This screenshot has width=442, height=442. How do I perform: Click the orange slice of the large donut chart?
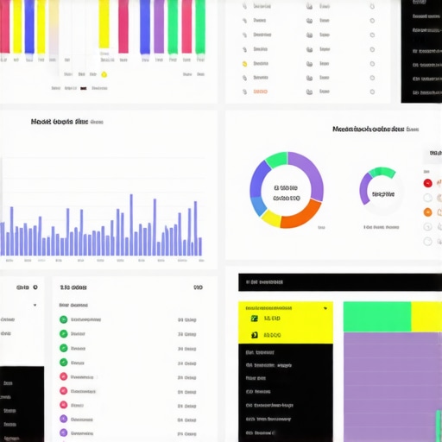302,215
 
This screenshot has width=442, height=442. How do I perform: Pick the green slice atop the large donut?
276,160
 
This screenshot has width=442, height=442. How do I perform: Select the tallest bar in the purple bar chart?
130,224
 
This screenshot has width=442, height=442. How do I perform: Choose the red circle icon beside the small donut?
427,182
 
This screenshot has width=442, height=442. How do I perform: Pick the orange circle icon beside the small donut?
427,212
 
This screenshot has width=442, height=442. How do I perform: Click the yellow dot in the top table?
244,64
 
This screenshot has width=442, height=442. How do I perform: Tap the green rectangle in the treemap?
377,317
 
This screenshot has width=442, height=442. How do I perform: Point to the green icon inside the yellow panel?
254,319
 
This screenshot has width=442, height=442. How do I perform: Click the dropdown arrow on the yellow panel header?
325,307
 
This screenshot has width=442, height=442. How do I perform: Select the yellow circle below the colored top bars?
104,74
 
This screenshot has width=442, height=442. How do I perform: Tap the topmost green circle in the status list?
63,319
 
